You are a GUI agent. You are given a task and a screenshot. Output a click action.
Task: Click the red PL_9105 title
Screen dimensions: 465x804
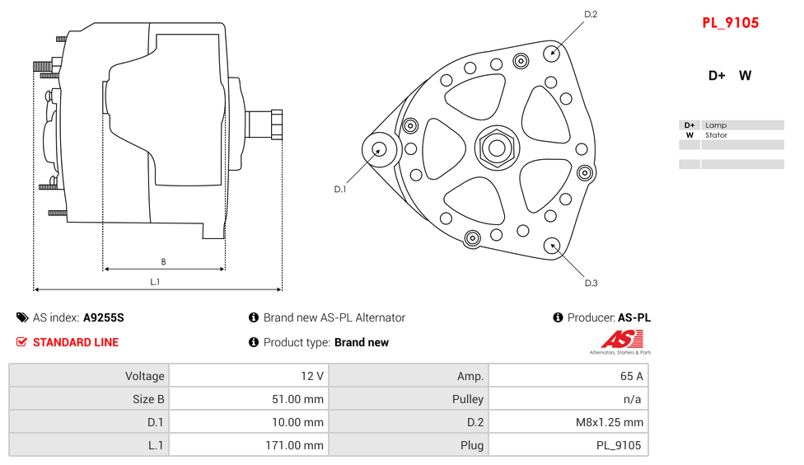(x=730, y=23)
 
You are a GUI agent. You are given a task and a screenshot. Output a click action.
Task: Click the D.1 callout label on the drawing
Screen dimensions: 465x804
(x=339, y=190)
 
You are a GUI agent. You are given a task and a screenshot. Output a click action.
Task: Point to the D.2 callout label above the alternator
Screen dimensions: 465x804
(x=590, y=14)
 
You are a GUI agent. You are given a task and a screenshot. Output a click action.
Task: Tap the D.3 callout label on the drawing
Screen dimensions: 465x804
(x=591, y=283)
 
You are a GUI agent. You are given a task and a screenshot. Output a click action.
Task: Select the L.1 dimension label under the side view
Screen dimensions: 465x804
(x=155, y=282)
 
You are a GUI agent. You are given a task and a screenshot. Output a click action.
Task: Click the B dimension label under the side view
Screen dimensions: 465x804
(x=163, y=262)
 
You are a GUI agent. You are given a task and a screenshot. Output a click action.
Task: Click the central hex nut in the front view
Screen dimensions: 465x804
(x=497, y=148)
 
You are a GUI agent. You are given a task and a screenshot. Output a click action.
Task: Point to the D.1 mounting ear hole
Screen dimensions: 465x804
(x=380, y=149)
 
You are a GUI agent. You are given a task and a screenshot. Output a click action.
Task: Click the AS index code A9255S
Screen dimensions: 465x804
(x=103, y=317)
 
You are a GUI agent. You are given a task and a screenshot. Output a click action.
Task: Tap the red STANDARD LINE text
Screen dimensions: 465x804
(x=75, y=342)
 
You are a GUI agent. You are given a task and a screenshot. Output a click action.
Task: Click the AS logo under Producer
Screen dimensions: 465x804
(x=622, y=339)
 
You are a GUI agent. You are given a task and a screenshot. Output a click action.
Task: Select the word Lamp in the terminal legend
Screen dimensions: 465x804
(x=715, y=125)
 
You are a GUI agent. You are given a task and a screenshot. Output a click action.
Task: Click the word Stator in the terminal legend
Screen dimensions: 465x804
(x=716, y=135)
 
